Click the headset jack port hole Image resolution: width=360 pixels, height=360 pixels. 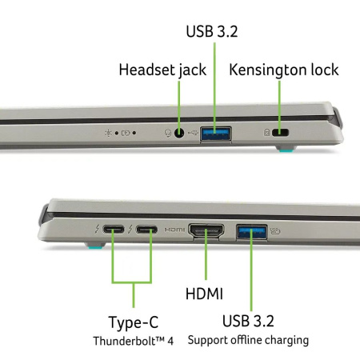[x=179, y=133]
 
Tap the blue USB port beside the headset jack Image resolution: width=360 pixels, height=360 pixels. [x=216, y=134]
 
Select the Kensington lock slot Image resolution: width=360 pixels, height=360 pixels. [x=280, y=132]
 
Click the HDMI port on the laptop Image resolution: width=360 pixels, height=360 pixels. [x=206, y=230]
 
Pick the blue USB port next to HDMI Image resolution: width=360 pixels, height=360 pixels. [x=252, y=231]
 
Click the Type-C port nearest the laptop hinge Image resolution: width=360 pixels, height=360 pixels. [x=114, y=229]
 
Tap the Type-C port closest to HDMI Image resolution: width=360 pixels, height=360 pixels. [x=146, y=230]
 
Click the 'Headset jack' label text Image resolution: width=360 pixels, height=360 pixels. [x=162, y=70]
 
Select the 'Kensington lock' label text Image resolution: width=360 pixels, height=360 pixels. [x=284, y=70]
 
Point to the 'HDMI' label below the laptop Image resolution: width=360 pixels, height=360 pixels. [x=204, y=294]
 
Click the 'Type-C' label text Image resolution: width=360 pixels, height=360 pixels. [x=134, y=322]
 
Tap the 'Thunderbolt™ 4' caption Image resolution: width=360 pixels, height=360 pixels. [x=134, y=341]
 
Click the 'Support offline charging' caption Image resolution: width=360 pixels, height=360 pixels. [x=248, y=340]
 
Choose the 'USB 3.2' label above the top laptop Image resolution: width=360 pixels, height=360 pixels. [x=212, y=31]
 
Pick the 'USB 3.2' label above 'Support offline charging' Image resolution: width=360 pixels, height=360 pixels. [x=248, y=321]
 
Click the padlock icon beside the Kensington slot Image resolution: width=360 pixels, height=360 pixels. [x=266, y=132]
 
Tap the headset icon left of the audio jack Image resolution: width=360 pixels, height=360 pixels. [x=168, y=133]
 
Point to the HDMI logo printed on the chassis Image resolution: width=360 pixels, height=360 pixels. [x=174, y=230]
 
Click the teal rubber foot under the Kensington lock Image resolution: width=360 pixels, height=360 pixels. [x=286, y=151]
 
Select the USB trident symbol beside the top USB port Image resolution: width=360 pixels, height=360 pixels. [x=194, y=132]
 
